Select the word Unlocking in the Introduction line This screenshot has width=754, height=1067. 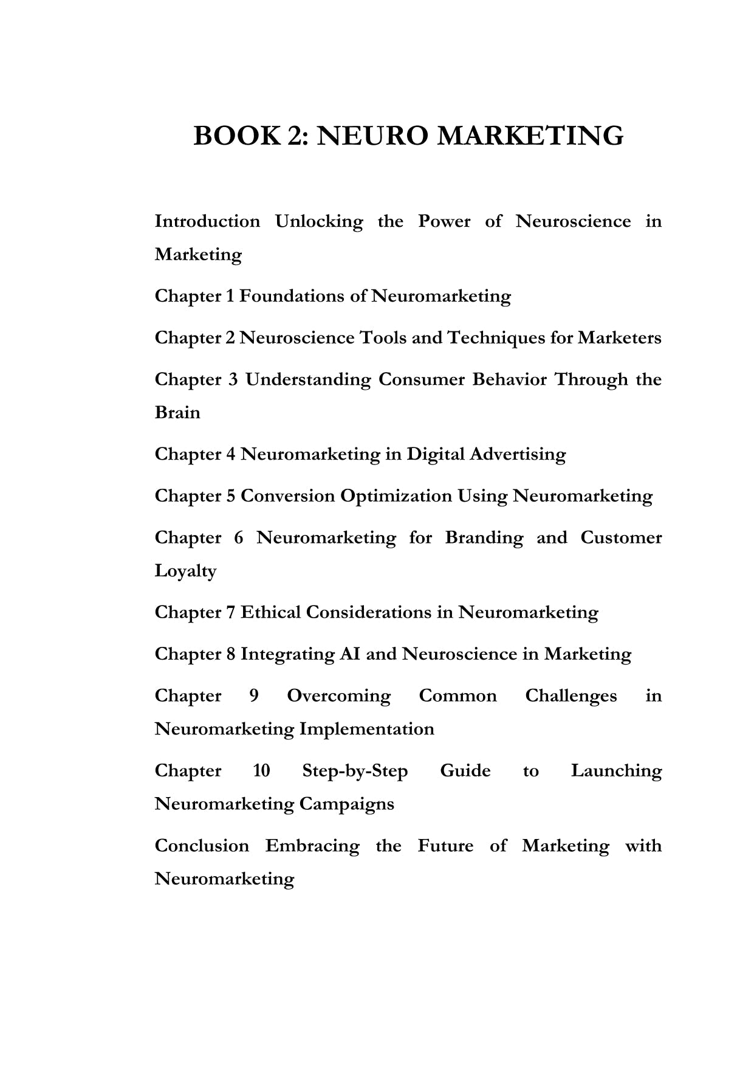tap(318, 221)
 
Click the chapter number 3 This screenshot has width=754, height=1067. tap(233, 379)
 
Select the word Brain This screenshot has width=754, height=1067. tap(177, 413)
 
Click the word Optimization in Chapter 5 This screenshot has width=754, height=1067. tap(396, 496)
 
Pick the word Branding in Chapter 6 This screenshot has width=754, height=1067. tap(484, 537)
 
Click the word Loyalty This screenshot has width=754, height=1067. tap(185, 571)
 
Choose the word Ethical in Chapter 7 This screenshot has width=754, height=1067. tap(270, 612)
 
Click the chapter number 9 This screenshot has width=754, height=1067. tap(254, 696)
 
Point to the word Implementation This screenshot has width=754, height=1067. tap(366, 729)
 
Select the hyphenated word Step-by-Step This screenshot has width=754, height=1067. tap(355, 771)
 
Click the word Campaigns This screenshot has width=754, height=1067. tap(346, 804)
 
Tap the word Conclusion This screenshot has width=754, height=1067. tap(202, 846)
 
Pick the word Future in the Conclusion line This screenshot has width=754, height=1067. tap(445, 846)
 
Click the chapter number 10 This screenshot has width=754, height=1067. tap(261, 771)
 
